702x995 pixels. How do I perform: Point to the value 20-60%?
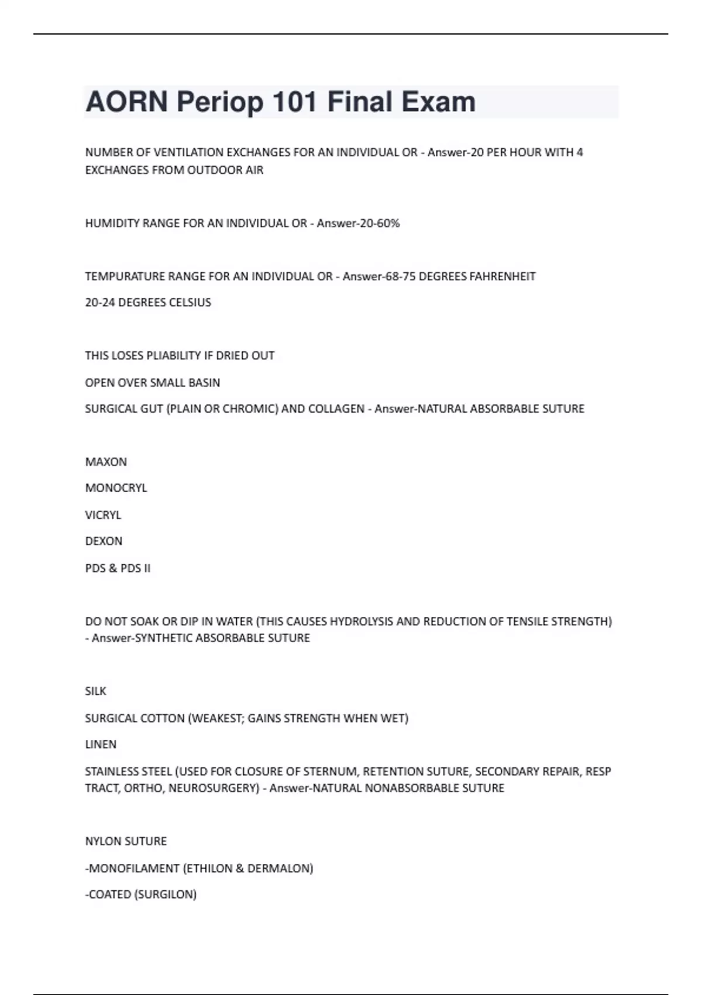coord(380,223)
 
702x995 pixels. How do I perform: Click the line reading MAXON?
coord(106,462)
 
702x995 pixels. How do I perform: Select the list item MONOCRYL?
coord(116,488)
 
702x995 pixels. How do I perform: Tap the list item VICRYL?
coord(103,515)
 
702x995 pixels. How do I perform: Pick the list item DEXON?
coord(104,541)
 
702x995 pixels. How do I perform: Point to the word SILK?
coord(95,691)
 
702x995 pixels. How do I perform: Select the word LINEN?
coord(101,744)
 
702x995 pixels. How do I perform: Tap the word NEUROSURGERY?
coord(214,788)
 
